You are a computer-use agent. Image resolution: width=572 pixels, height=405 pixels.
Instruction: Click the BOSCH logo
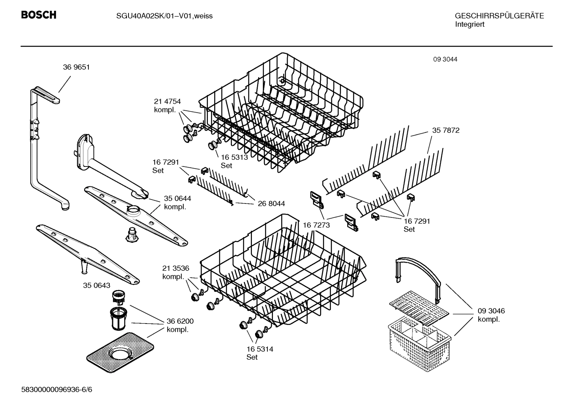point(38,15)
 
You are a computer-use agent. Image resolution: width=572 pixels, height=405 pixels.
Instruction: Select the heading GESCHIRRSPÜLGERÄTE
point(499,16)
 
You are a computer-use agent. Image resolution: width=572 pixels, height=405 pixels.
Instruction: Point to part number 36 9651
point(76,67)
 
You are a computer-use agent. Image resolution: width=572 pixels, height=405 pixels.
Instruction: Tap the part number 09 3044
point(445,59)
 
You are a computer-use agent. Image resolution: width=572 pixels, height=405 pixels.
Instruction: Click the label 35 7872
point(446,130)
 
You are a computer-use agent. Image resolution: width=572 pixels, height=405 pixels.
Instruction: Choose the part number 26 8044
point(271,203)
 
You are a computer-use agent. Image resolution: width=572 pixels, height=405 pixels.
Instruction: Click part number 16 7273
point(316,225)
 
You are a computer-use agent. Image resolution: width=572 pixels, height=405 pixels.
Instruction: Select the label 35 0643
point(97,285)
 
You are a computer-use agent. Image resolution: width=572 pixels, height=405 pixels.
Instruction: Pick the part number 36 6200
point(180,321)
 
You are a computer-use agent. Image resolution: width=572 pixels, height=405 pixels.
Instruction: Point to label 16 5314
point(259,349)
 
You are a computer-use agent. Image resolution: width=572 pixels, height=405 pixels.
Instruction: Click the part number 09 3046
point(491,311)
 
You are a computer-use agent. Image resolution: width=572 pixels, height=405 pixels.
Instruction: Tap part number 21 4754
point(167,101)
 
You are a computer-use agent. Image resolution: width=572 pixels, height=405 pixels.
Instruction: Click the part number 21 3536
point(176,268)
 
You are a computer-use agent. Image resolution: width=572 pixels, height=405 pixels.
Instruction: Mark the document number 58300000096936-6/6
point(56,390)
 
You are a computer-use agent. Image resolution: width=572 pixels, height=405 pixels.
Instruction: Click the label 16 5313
point(234,157)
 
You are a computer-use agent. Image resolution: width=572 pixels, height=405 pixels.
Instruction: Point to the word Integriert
point(470,25)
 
